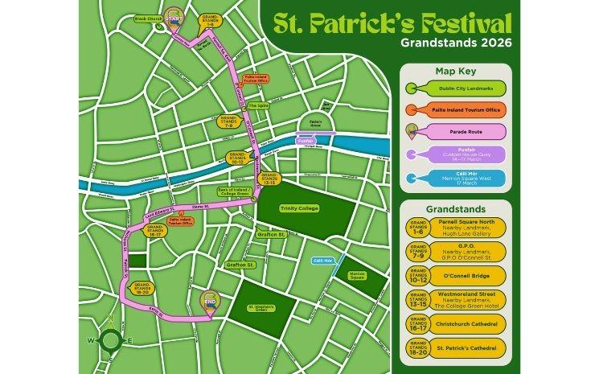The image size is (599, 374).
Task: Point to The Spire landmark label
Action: pos(257,105)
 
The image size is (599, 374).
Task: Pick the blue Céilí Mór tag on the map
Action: pos(323,260)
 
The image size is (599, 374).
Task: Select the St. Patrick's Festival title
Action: pos(392,22)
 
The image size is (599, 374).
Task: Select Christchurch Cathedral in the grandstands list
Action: pos(470,324)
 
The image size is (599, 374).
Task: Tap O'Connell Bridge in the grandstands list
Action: pos(470,275)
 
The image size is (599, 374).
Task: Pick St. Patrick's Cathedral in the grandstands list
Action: pos(470,349)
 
